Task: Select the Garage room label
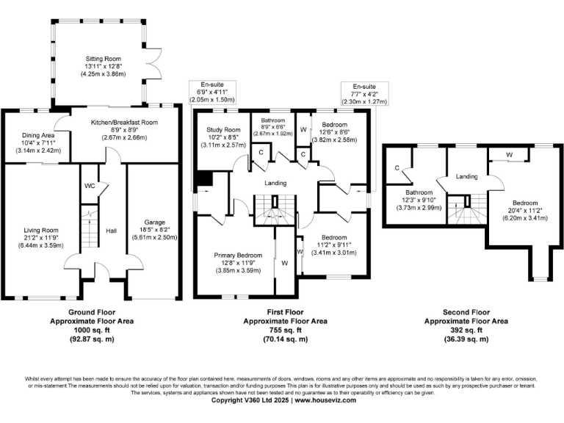point(153,222)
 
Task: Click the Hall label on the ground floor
point(111,230)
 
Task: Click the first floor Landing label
point(272,183)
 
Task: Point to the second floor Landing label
point(466,176)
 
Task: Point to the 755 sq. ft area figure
point(275,330)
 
